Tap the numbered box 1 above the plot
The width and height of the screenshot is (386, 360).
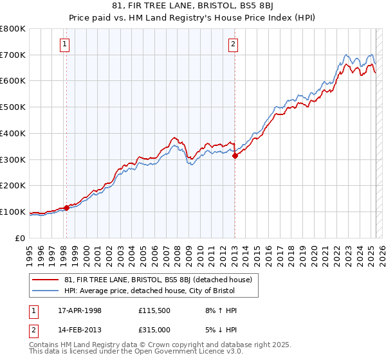[x=66, y=44]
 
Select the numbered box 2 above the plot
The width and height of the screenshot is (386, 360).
[x=233, y=44]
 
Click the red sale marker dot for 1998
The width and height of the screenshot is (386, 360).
[x=66, y=208]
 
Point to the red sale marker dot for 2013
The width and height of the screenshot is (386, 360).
[x=235, y=155]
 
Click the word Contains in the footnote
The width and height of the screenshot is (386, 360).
[x=44, y=346]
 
